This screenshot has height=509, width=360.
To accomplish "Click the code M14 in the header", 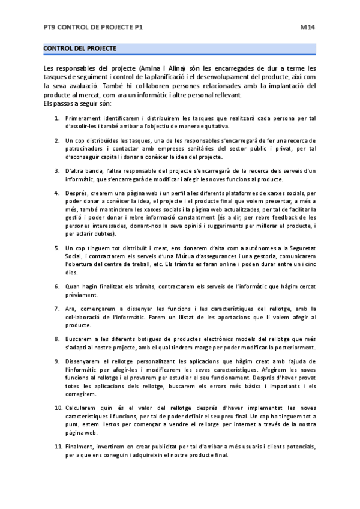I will (308, 27).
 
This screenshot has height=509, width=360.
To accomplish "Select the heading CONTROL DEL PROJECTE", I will (80, 48).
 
